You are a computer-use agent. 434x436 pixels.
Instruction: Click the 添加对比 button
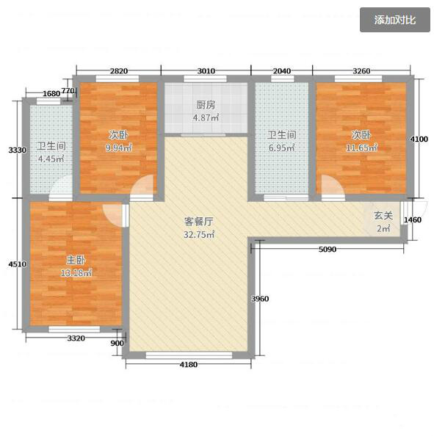(395, 20)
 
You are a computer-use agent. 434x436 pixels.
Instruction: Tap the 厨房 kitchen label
(206, 105)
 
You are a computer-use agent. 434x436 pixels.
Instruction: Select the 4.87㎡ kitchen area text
(206, 117)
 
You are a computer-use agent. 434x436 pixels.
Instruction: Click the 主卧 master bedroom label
(76, 260)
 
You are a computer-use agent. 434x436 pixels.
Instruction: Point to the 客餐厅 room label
(198, 222)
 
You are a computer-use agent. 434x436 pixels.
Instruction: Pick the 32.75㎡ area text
(198, 234)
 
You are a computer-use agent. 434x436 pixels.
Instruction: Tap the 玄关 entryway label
(383, 216)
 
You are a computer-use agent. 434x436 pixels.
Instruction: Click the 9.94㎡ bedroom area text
(118, 148)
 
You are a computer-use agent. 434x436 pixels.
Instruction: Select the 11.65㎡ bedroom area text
(361, 148)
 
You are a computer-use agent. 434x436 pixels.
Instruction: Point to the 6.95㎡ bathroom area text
(281, 148)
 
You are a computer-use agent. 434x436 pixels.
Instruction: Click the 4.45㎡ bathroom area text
(51, 159)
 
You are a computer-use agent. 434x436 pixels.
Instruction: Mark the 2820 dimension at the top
(119, 71)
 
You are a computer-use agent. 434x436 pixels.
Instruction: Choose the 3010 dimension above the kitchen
(206, 71)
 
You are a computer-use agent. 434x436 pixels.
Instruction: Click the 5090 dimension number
(328, 249)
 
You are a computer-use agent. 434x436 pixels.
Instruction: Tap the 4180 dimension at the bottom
(188, 364)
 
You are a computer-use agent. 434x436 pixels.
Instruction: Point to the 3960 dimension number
(260, 299)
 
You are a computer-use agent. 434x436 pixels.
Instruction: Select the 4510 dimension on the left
(17, 264)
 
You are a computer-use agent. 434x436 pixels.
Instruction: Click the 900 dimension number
(117, 343)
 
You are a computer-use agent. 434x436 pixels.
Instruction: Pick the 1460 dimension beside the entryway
(413, 219)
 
